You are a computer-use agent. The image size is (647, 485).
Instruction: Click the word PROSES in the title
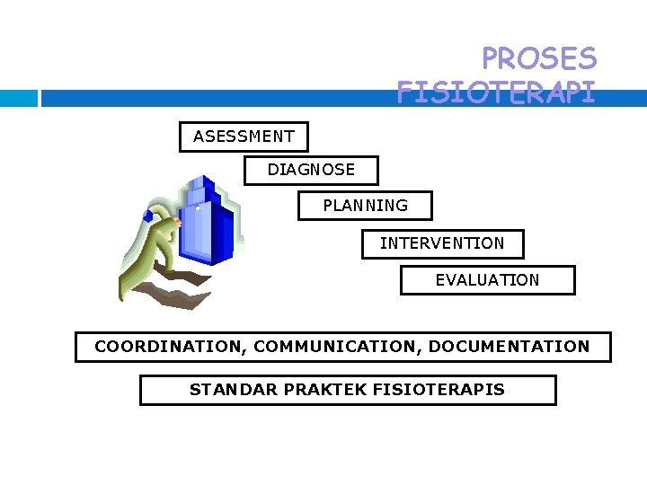[x=538, y=59]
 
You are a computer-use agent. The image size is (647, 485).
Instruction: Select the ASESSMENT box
[x=244, y=137]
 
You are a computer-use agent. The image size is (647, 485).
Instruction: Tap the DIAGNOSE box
[x=311, y=170]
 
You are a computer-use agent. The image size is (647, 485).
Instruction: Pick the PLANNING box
[x=365, y=206]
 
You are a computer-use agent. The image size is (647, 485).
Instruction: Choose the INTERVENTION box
[x=442, y=243]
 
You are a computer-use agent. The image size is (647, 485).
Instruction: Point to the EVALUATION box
[x=487, y=280]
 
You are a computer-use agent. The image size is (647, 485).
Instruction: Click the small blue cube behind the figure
[x=147, y=216]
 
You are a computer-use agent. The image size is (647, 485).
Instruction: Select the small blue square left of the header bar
[x=19, y=98]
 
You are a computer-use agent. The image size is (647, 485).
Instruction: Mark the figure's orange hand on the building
[x=178, y=221]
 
